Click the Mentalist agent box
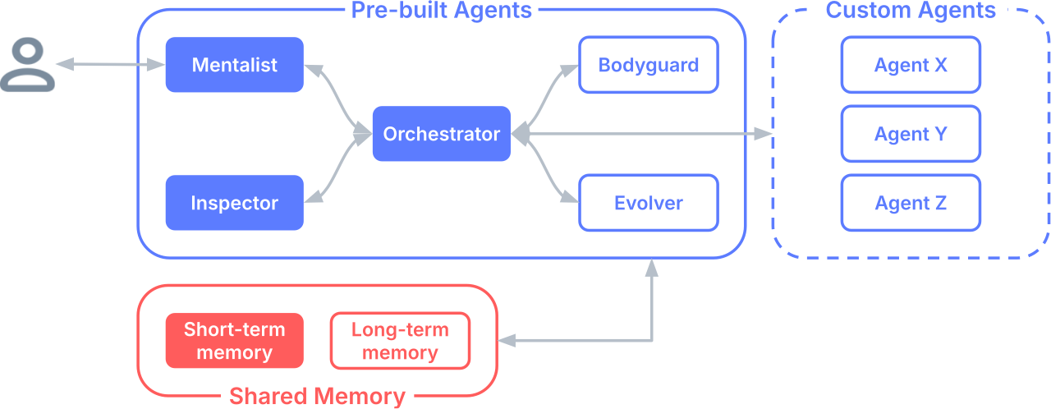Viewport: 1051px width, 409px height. (x=234, y=65)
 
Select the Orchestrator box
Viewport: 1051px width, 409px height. (x=441, y=134)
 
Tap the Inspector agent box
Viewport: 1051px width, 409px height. (x=234, y=203)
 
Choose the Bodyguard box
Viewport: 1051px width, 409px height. (x=648, y=65)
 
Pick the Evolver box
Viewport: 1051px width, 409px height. (x=648, y=203)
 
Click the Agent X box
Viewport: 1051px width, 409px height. (x=911, y=65)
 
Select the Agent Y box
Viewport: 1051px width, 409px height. (x=911, y=134)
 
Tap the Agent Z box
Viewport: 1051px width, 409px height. (x=911, y=203)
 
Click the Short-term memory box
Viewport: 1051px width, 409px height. (x=234, y=341)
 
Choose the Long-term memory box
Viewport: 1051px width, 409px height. (x=400, y=341)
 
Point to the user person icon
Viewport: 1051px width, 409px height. (x=28, y=66)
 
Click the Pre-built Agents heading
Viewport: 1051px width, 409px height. (x=441, y=11)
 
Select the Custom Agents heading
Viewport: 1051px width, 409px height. (x=910, y=11)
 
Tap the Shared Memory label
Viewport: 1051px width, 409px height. (x=317, y=396)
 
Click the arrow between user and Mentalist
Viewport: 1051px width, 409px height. (x=111, y=64)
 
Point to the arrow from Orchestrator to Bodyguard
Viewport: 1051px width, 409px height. (x=546, y=99)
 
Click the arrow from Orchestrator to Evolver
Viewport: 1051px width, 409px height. (x=546, y=168)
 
